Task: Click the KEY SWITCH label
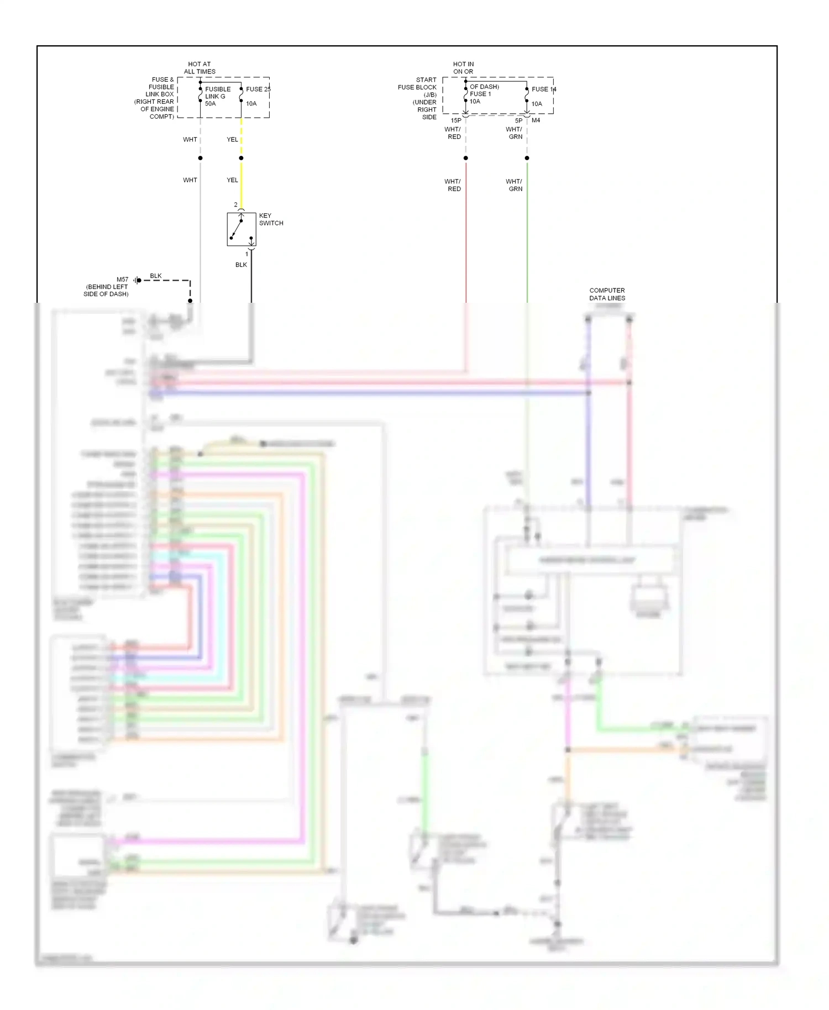tap(271, 219)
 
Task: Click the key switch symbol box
tap(242, 229)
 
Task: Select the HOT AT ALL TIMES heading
tap(200, 68)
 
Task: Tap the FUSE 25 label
tap(258, 89)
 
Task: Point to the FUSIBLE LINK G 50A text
tap(217, 96)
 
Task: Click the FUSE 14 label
tap(544, 89)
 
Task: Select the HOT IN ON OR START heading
tap(463, 68)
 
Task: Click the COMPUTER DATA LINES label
tap(607, 294)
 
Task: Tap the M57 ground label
tap(122, 280)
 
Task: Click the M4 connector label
tap(536, 120)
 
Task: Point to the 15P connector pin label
tap(456, 120)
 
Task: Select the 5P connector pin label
tap(518, 120)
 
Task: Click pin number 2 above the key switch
tap(235, 205)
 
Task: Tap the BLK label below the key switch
tap(241, 265)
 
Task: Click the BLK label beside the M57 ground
tap(156, 276)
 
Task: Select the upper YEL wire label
tap(232, 140)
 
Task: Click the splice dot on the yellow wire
tap(241, 158)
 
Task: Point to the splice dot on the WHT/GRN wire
tap(527, 158)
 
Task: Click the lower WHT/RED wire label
tap(453, 185)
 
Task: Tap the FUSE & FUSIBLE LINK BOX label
tap(156, 98)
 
